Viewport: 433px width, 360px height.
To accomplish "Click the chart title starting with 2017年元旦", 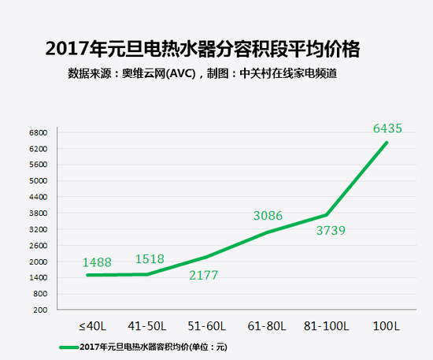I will pos(203,49).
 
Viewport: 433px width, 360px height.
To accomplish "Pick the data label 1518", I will pos(149,259).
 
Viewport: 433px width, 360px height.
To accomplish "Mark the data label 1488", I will pos(99,262).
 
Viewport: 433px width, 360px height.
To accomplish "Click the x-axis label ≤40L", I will pos(91,325).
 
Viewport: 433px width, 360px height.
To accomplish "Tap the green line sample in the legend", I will pos(68,347).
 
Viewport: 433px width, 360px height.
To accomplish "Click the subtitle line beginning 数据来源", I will pos(208,75).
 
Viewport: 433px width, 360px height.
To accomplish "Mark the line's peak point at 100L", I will pos(387,142).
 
